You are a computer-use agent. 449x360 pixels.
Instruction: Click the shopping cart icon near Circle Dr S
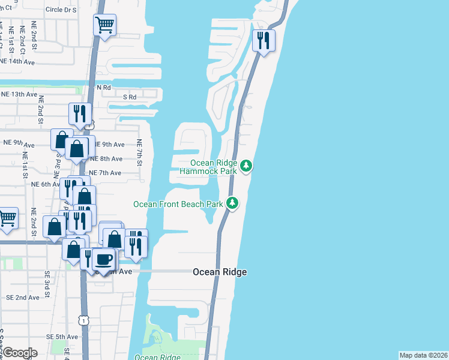104,25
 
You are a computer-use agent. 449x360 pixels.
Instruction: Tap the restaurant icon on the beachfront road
263,41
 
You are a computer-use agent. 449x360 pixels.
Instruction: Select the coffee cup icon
104,260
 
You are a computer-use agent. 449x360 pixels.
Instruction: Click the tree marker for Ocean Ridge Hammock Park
246,166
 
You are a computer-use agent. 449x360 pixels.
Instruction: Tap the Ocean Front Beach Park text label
178,204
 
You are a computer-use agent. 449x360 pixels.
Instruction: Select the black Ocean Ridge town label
220,272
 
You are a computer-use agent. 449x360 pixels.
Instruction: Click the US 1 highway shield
83,321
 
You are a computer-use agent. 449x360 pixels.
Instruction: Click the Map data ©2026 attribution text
424,355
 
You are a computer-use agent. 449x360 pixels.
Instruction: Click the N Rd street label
104,88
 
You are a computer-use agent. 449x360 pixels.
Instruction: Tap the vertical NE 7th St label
139,152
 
